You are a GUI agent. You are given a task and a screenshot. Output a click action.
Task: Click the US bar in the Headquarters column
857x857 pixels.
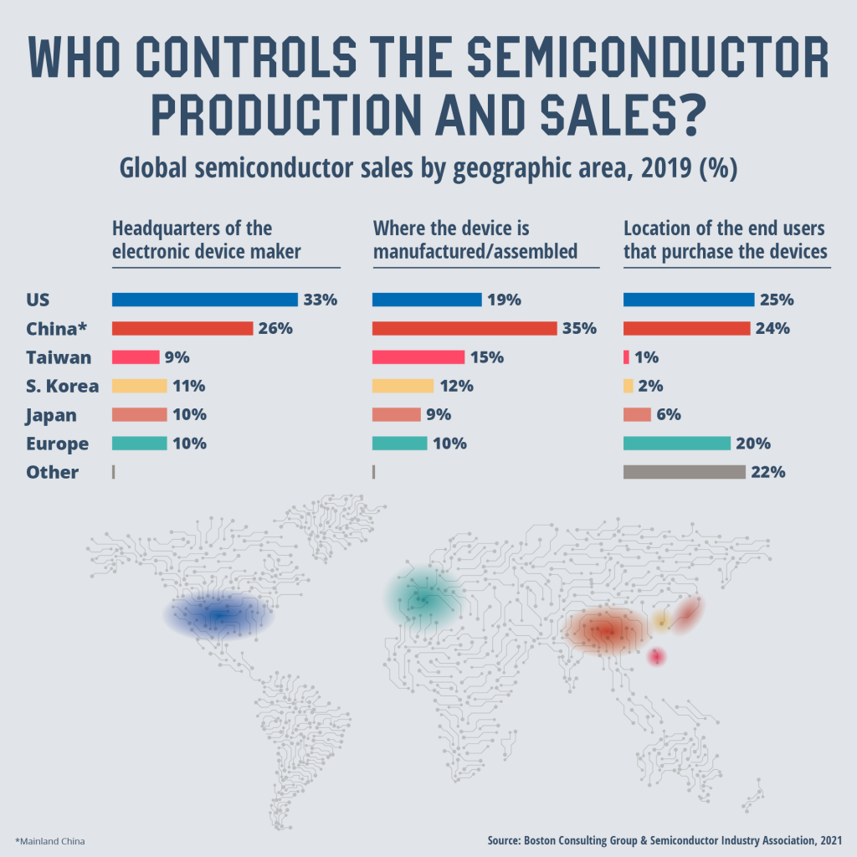pyautogui.click(x=204, y=300)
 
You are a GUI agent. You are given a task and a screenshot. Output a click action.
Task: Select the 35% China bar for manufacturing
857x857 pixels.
pyautogui.click(x=464, y=328)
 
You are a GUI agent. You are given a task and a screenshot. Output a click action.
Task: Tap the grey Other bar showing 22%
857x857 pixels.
pyautogui.click(x=684, y=472)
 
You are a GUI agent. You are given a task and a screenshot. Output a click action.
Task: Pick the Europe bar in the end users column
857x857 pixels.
pyautogui.click(x=676, y=444)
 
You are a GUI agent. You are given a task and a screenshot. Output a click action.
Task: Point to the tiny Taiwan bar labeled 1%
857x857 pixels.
pyautogui.click(x=626, y=357)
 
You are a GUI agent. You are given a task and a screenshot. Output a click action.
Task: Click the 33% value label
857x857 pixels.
pyautogui.click(x=320, y=300)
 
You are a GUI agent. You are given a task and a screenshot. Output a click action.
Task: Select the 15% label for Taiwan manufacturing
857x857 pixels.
pyautogui.click(x=486, y=357)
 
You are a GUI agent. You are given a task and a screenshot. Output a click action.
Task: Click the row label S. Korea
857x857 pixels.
pyautogui.click(x=62, y=386)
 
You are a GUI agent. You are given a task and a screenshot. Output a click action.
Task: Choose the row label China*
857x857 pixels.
pyautogui.click(x=61, y=328)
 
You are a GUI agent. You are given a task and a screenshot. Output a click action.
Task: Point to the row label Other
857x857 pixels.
pyautogui.click(x=52, y=472)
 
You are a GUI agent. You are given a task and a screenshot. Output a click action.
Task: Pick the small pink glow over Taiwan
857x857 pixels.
pyautogui.click(x=657, y=657)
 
